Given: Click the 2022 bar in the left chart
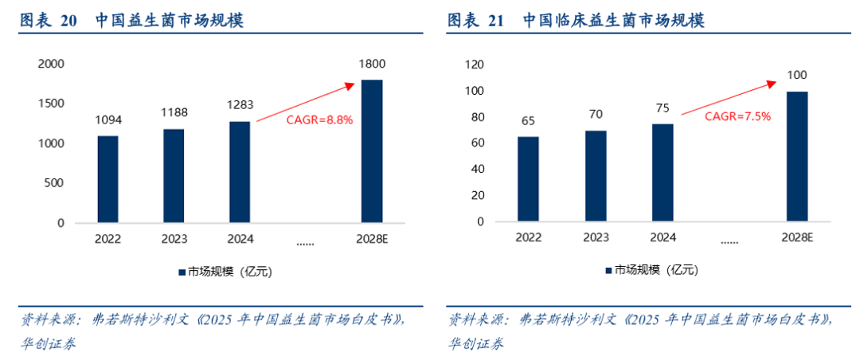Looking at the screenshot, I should tap(107, 179).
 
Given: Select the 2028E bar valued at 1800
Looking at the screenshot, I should tap(371, 151).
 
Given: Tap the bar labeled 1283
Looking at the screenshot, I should tap(239, 172).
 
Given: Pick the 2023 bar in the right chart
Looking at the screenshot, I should tap(595, 176).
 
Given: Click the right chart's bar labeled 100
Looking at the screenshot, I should tap(797, 157).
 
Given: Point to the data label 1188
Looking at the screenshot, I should tap(174, 112).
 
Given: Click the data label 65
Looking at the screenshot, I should tap(528, 122).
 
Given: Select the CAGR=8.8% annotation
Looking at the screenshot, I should tap(319, 119).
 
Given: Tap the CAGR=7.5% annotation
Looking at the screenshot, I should tap(737, 115).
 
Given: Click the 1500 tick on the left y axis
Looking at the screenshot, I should tap(52, 104).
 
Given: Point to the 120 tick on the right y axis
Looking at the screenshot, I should tap(474, 65).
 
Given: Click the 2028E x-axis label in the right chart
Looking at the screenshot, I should tap(796, 237).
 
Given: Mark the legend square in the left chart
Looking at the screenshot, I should tap(182, 272).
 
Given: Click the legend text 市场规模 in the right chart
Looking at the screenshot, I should tap(637, 270).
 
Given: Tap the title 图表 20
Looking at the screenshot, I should tap(49, 21).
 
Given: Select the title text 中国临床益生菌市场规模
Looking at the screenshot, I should tap(613, 21).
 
